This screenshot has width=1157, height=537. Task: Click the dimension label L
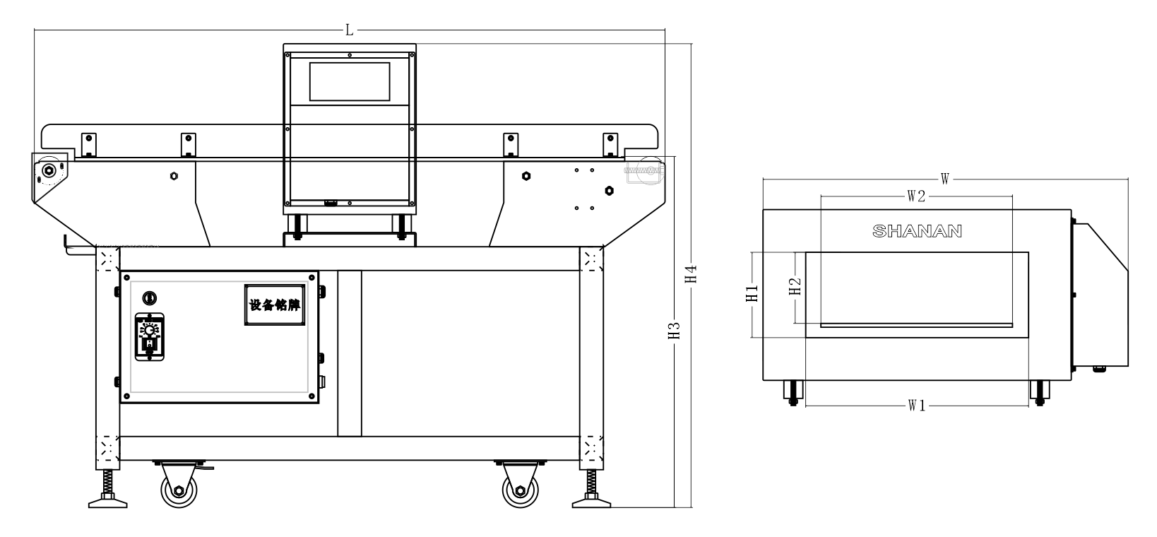pos(350,30)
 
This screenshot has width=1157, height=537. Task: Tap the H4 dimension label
pos(692,275)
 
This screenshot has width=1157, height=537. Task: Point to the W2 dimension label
pos(915,197)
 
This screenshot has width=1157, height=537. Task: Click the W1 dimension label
pos(916,406)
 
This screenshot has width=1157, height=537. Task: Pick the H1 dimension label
pos(752,294)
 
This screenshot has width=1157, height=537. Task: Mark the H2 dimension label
pos(795,286)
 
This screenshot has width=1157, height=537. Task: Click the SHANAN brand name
pos(917,231)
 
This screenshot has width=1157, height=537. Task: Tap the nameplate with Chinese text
pos(275,305)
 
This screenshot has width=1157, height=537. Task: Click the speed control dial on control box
pos(150,331)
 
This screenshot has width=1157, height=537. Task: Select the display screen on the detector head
pos(350,81)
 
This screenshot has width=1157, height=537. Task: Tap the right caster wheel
pos(521,490)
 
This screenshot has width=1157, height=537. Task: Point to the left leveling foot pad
pos(108,502)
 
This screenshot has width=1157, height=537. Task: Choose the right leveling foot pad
pos(591,502)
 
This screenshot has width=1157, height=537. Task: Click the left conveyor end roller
pos(49,170)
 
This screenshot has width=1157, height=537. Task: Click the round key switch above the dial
pos(149,297)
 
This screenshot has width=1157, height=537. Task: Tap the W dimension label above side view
pos(944,179)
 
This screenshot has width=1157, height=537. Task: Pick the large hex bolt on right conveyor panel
pos(609,190)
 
